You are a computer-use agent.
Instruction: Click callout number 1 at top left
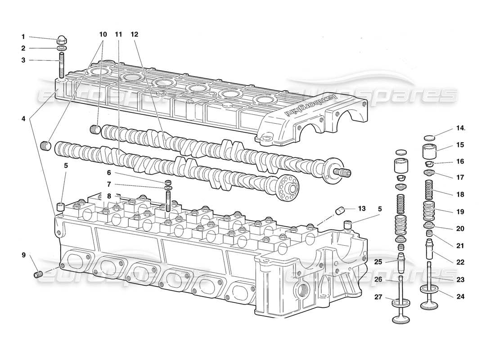[x=23, y=37]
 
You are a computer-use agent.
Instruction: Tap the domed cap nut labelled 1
[x=63, y=39]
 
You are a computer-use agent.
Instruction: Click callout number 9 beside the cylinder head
[x=23, y=256]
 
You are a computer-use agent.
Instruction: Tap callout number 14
[x=459, y=128]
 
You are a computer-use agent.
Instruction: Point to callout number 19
[x=459, y=211]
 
